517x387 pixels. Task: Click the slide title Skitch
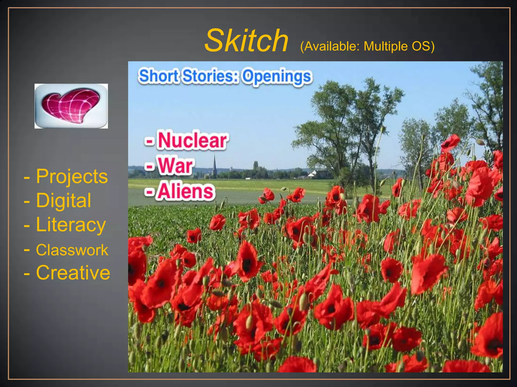[x=246, y=40]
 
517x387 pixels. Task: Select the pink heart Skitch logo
[x=71, y=106]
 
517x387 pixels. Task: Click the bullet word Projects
[x=72, y=176]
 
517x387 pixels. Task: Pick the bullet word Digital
[x=64, y=201]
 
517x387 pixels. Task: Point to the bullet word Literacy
[x=71, y=225]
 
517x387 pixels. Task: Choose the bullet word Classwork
[x=72, y=250]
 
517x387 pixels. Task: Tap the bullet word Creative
[x=73, y=273]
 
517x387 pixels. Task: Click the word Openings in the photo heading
[x=277, y=77]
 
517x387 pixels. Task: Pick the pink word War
[x=176, y=166]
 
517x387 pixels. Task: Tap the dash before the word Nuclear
[x=149, y=141]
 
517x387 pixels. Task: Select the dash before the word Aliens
[x=149, y=192]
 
